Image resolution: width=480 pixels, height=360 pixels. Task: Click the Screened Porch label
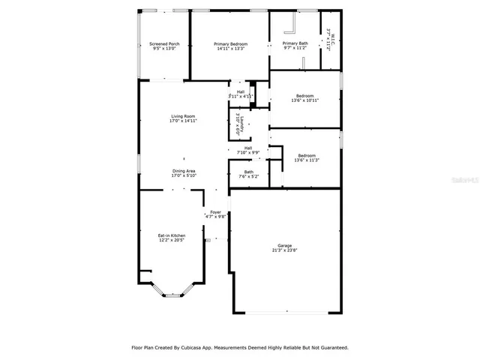point(164,44)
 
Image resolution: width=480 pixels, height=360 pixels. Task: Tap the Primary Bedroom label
point(229,44)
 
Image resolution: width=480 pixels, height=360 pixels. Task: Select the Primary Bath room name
point(295,43)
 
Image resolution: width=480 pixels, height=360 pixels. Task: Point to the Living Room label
point(183,116)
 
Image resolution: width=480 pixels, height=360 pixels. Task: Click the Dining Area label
point(184,171)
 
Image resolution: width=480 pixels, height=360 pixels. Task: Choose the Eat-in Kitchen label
point(171,235)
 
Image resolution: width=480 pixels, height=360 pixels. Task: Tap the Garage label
point(284,246)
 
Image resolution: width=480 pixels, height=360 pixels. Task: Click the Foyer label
point(215,212)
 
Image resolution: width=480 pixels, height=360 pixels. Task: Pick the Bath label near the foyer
point(249,172)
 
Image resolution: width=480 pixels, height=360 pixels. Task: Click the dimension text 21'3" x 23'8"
point(284,250)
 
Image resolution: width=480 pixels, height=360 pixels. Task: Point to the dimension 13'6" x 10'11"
point(304,100)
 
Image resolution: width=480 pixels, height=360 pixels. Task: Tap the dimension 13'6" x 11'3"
point(304,160)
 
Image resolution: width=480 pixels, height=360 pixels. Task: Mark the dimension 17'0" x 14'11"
point(183,121)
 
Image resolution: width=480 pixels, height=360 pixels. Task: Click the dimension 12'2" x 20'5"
point(171,240)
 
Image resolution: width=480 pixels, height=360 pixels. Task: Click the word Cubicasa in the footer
point(207,348)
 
